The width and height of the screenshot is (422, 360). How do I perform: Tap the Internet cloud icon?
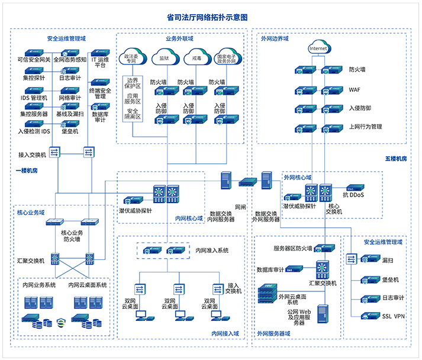[x=318, y=47]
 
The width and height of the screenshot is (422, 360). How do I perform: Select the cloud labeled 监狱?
[x=164, y=59]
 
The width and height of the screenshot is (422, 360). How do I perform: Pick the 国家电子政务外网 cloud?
[x=228, y=59]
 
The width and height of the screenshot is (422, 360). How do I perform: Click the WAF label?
[x=355, y=89]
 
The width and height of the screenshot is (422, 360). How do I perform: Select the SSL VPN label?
[x=393, y=316]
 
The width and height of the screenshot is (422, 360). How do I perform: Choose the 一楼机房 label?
[x=27, y=170]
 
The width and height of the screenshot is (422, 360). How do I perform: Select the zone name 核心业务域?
[x=31, y=211]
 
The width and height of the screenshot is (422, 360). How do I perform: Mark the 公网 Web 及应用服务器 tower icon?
[x=323, y=315]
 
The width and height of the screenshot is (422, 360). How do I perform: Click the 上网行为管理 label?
[x=365, y=126]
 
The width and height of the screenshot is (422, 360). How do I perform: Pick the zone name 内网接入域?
[x=225, y=334]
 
